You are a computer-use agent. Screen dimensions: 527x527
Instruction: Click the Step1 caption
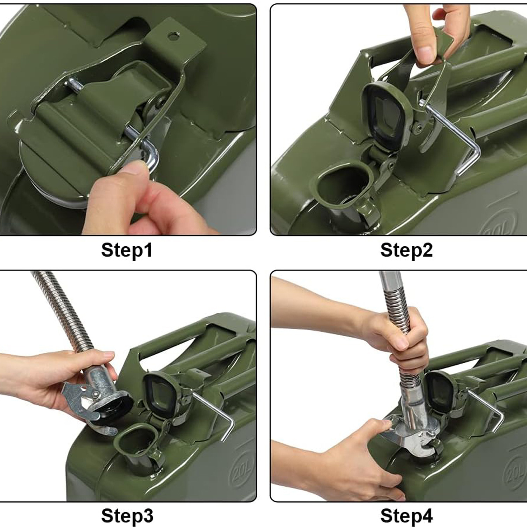click(x=126, y=251)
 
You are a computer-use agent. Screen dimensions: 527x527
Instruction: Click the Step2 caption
click(x=406, y=251)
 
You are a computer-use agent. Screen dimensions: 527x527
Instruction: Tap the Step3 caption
click(x=127, y=516)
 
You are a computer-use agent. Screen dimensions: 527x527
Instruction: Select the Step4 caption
click(x=406, y=516)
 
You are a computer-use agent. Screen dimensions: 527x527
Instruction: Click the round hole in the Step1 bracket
click(x=173, y=36)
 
